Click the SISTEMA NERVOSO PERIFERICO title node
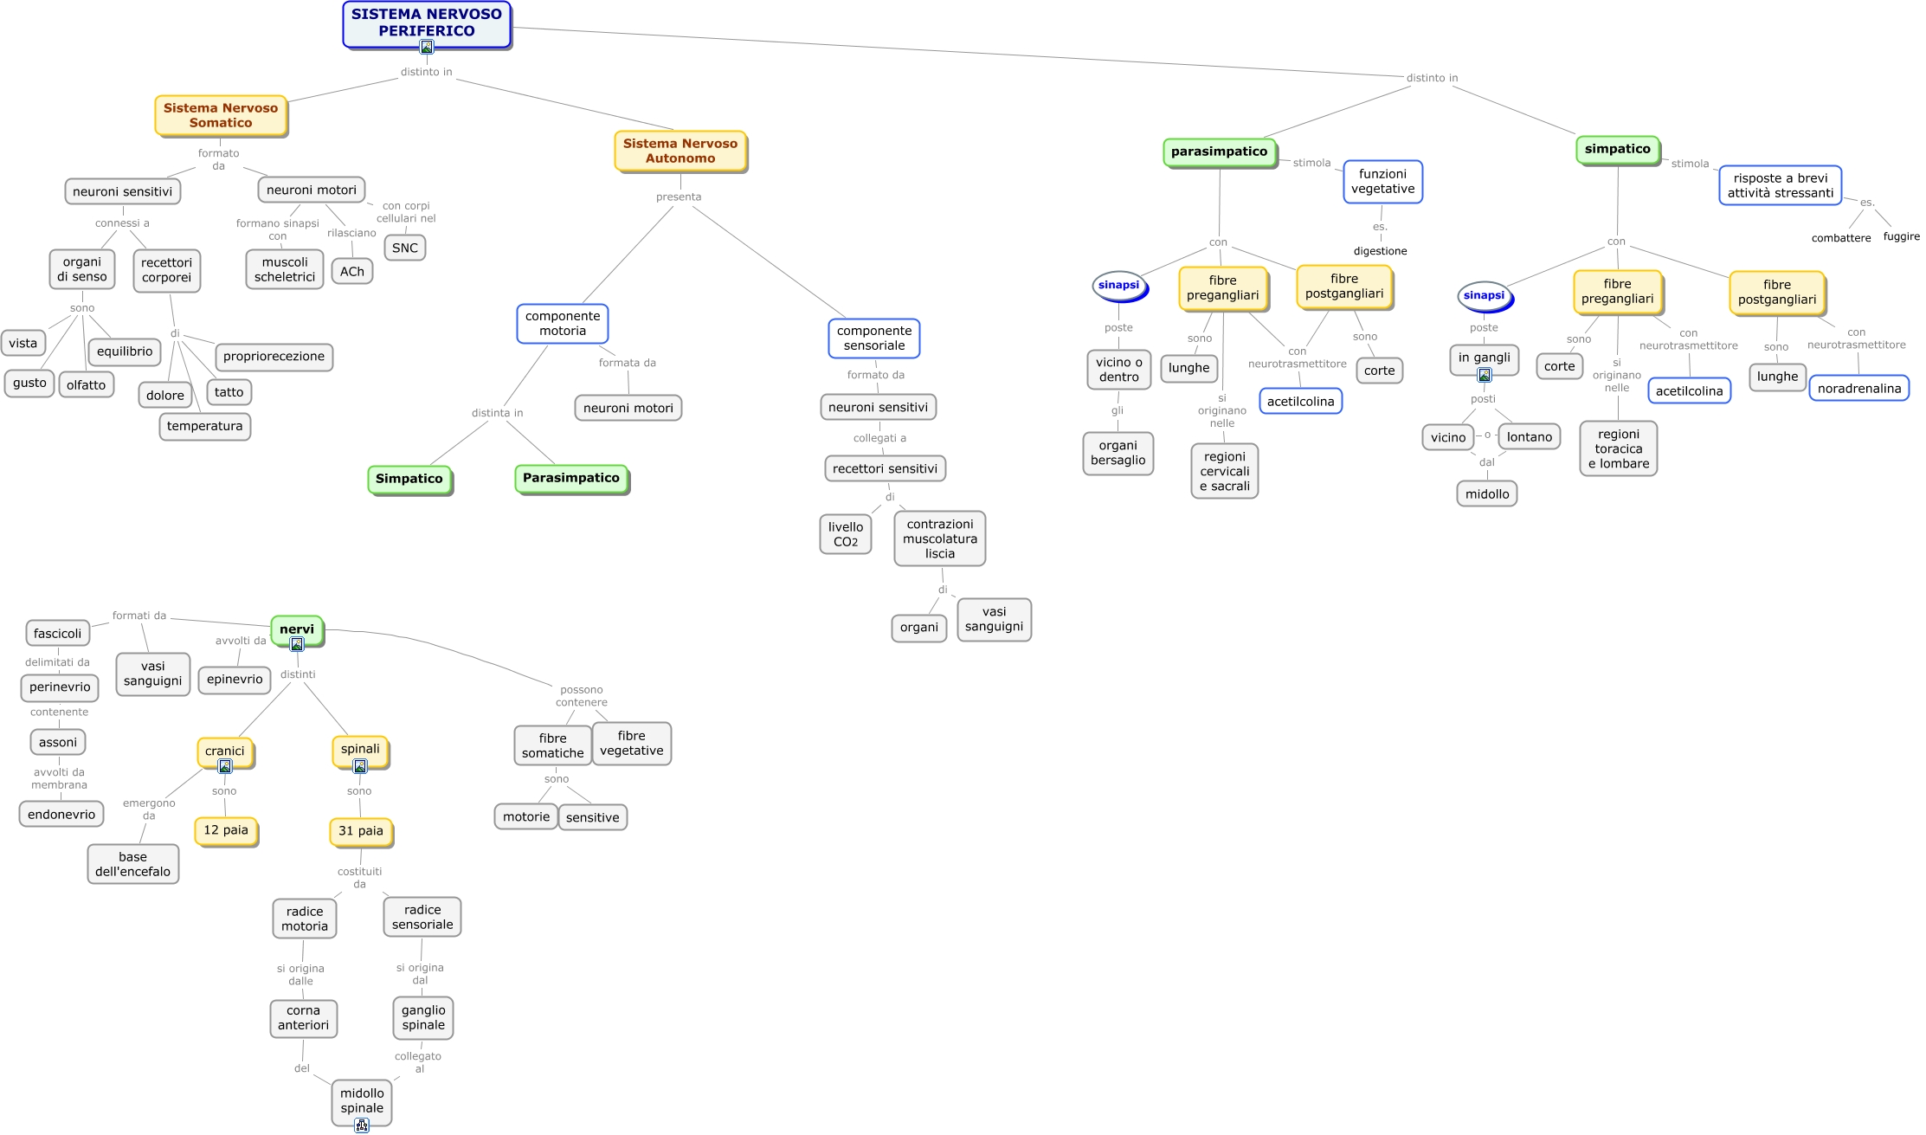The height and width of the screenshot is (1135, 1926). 426,23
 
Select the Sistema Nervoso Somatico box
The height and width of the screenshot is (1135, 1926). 221,115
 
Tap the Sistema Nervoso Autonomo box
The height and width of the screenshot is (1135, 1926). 680,151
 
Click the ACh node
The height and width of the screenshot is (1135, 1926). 352,271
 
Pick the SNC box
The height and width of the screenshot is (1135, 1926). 404,248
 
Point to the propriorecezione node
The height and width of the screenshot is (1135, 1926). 274,356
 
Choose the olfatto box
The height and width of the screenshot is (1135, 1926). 86,384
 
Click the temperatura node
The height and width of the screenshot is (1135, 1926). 204,426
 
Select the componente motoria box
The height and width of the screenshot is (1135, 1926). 563,323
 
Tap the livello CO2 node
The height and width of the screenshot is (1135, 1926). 845,533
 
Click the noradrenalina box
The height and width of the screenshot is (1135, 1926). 1858,388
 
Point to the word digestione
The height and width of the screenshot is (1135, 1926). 1380,251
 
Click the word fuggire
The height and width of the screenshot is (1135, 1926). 1901,236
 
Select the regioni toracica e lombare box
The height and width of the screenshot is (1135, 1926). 1618,448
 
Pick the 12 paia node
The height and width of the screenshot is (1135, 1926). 226,830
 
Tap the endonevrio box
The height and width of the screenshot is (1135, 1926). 61,814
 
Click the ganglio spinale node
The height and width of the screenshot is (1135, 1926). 423,1017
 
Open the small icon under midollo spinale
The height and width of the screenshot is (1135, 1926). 362,1125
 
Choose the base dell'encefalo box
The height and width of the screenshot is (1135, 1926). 132,864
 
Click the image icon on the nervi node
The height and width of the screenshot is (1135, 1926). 297,644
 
